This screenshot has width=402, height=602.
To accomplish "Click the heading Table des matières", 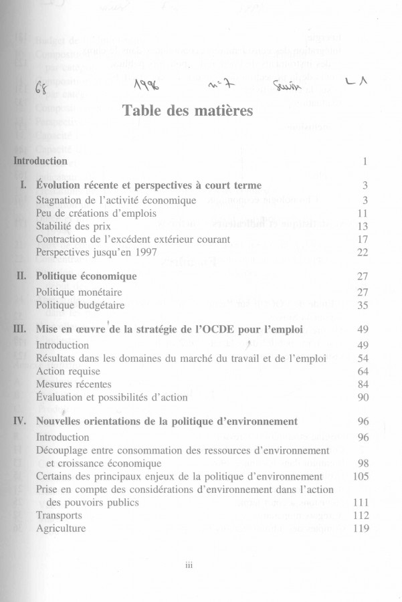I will (188, 110).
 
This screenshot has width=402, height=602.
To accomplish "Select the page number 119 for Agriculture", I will (361, 528).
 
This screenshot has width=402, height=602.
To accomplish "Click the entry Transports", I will (60, 516).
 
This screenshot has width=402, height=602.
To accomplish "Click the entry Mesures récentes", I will (74, 385).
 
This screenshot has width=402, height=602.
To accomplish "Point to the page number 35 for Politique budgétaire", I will (364, 305).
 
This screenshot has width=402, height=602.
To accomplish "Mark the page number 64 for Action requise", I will (364, 371).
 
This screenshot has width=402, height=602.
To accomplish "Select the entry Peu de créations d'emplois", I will (96, 213).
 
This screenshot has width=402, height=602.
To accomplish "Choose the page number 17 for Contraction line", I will (364, 239).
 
